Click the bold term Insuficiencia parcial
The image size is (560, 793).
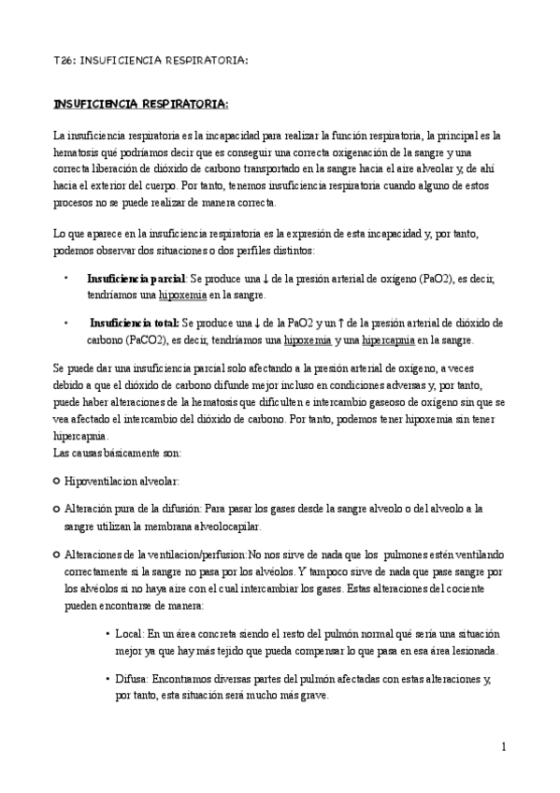(136, 279)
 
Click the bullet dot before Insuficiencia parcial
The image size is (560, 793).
(65, 279)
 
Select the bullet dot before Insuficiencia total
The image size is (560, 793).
(65, 323)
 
